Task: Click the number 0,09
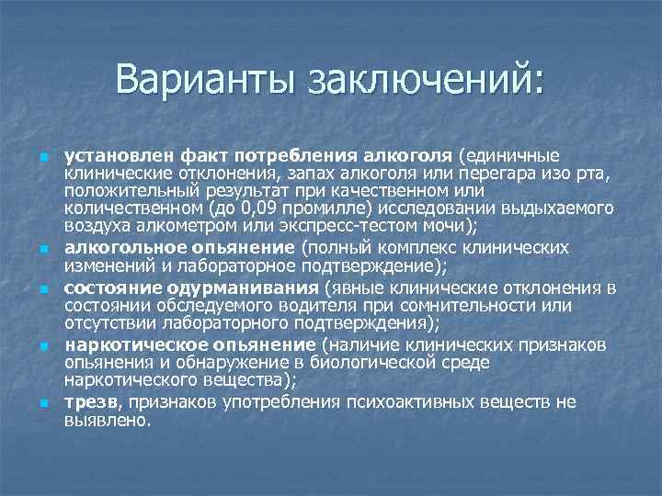click(x=257, y=209)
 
